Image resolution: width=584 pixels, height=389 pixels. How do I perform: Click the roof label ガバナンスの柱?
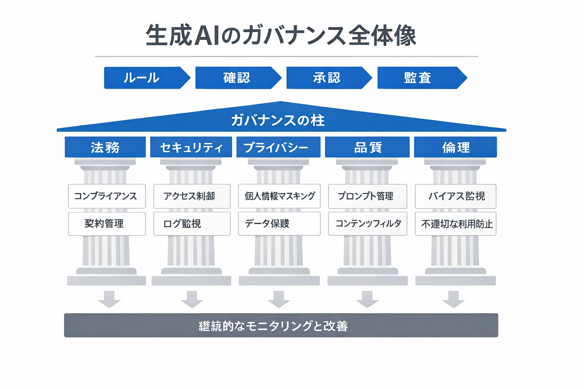[278, 120]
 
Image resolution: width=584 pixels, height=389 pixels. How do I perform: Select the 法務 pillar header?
[105, 147]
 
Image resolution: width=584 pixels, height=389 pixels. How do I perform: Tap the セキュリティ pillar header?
[191, 147]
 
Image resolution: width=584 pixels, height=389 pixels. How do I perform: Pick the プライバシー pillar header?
[278, 147]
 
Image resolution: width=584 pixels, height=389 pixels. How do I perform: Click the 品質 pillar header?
[367, 147]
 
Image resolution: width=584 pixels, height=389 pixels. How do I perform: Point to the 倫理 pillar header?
[455, 147]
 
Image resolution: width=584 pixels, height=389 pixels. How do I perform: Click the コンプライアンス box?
[107, 196]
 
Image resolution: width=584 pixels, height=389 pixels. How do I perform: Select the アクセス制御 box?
[192, 196]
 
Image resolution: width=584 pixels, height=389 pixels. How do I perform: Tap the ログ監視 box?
[192, 224]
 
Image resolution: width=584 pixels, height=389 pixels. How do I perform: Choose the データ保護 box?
[279, 224]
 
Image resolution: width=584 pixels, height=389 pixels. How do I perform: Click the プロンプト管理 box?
[367, 196]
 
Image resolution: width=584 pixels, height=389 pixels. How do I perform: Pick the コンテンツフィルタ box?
[367, 224]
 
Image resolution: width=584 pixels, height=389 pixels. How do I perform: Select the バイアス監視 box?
[455, 196]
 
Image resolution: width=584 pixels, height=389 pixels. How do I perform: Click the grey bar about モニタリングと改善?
[281, 326]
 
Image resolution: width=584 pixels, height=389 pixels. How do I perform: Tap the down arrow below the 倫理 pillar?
[454, 299]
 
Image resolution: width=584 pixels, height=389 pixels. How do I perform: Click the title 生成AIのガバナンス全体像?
[281, 36]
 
